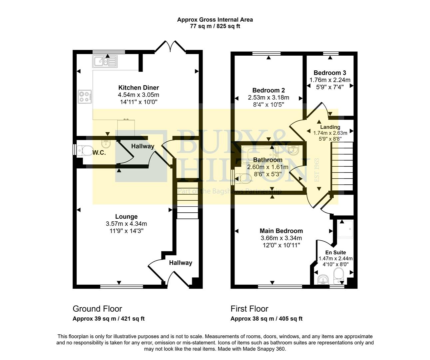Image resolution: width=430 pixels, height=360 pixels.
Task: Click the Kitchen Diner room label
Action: click(139, 88)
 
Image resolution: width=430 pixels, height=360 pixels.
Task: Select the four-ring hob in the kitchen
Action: click(85, 97)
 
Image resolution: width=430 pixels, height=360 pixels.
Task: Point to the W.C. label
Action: click(99, 153)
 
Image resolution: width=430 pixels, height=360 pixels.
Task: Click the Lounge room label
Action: click(126, 217)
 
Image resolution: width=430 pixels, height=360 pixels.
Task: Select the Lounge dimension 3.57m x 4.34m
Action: click(126, 224)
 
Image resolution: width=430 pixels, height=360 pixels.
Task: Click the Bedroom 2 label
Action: click(268, 90)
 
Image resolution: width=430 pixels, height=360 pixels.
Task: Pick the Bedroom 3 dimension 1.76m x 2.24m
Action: click(330, 80)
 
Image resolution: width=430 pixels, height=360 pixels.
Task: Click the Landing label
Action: click(330, 127)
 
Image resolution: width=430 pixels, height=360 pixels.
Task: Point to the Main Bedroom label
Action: click(281, 231)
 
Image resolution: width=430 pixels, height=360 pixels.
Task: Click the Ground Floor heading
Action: click(97, 309)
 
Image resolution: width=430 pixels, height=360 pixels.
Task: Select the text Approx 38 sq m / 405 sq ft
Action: click(266, 319)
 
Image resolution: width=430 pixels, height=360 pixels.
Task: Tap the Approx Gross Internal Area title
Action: click(215, 20)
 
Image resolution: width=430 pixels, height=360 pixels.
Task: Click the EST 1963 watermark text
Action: click(317, 170)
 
